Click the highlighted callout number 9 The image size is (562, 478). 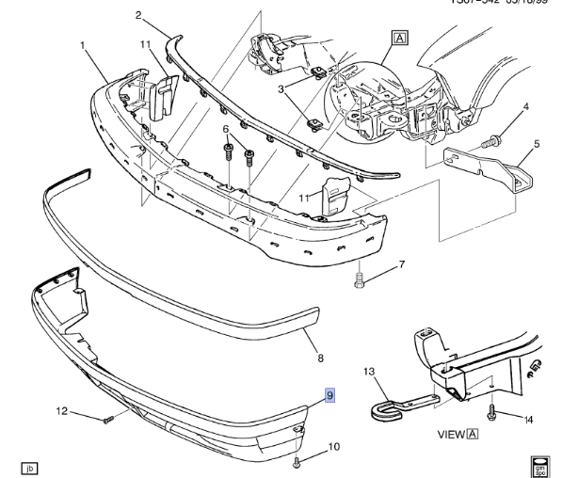(330, 396)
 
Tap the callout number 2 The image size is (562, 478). (137, 15)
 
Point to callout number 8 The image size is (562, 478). (319, 358)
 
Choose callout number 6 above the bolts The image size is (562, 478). (226, 129)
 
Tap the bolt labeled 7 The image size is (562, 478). (359, 279)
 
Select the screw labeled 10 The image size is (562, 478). (298, 462)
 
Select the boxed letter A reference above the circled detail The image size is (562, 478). (400, 39)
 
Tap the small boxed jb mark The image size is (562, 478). (29, 468)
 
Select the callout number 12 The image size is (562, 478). (61, 409)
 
